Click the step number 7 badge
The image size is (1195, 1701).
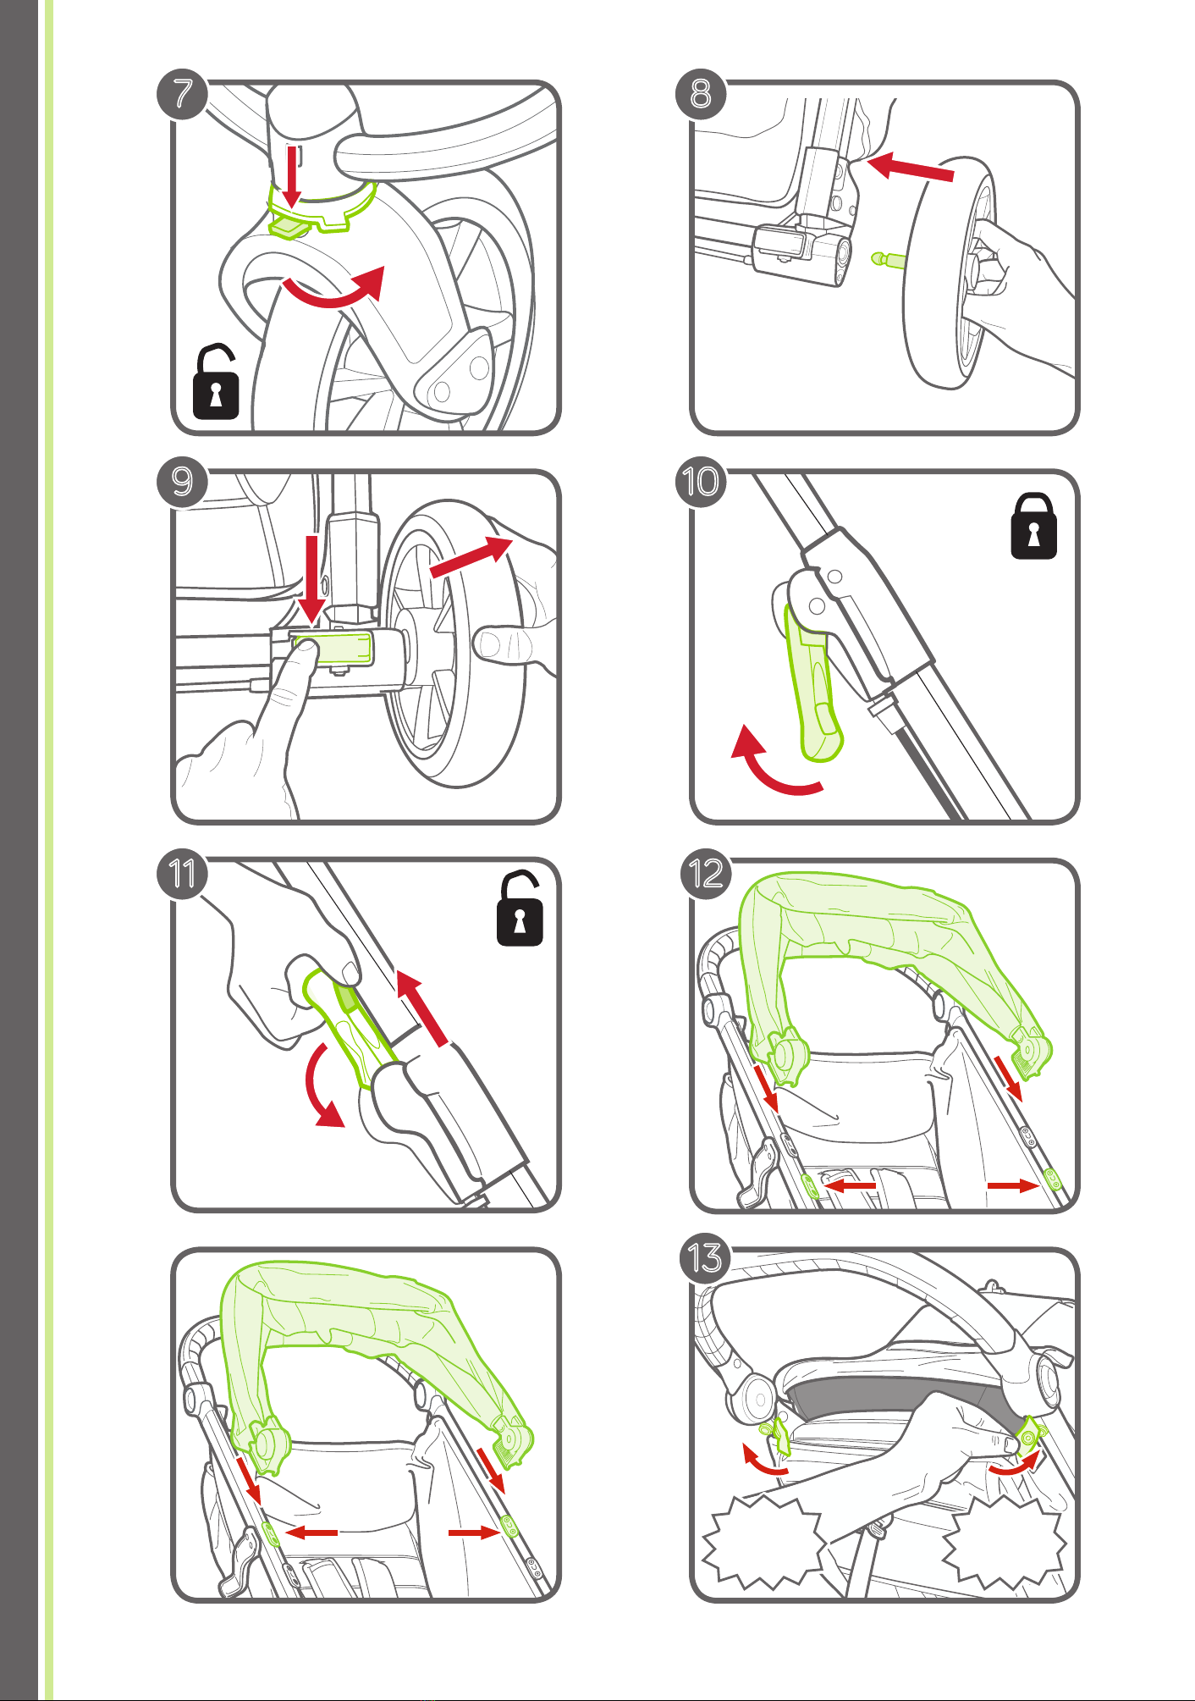click(x=183, y=93)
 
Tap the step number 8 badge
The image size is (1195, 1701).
click(x=701, y=93)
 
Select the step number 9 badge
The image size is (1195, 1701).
click(x=183, y=482)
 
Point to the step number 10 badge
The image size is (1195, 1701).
click(x=701, y=482)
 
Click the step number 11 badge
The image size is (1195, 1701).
click(x=183, y=874)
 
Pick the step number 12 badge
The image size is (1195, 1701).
click(x=706, y=874)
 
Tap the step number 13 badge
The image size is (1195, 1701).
click(x=706, y=1258)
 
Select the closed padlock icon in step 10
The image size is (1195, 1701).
click(x=1034, y=526)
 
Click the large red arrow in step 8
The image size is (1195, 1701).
click(x=911, y=166)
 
